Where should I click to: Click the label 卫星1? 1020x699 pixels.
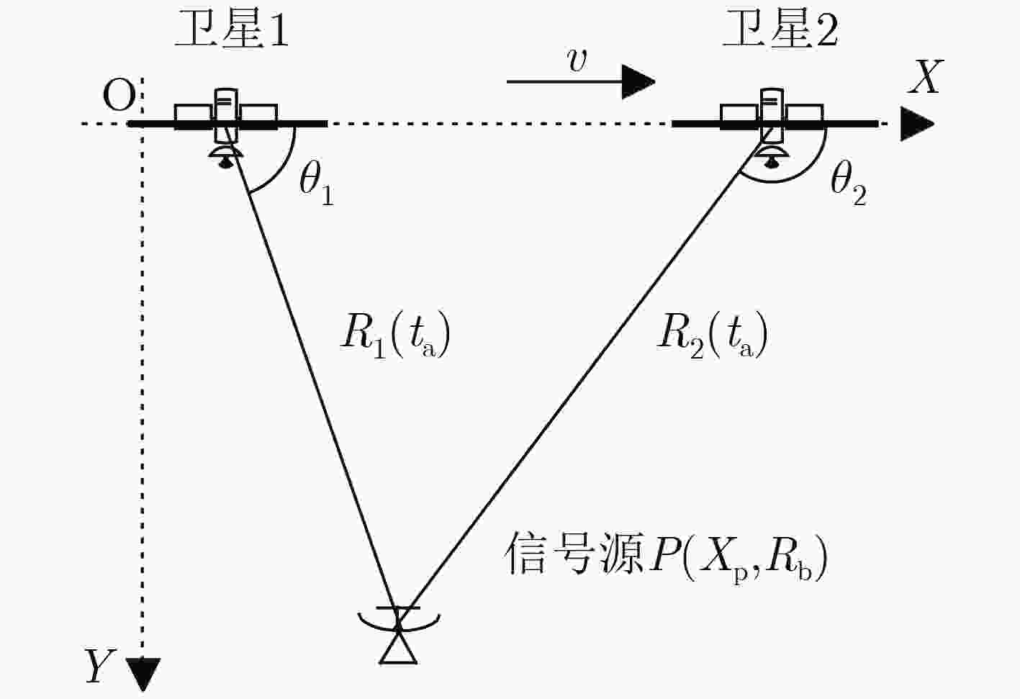coord(233,29)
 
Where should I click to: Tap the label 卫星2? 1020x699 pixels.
coord(780,29)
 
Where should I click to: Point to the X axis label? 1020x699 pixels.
coord(925,78)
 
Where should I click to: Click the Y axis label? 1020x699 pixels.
coord(100,666)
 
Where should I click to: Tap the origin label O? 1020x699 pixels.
coord(119,96)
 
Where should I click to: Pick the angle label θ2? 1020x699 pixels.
coord(849,184)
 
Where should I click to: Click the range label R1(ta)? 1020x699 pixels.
coord(395,335)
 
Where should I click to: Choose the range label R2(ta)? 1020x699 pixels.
coord(712,335)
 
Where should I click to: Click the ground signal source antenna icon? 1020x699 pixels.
coord(399,634)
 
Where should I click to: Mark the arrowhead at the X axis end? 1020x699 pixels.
coord(917,124)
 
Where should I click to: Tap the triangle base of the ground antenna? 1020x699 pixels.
coord(399,662)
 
